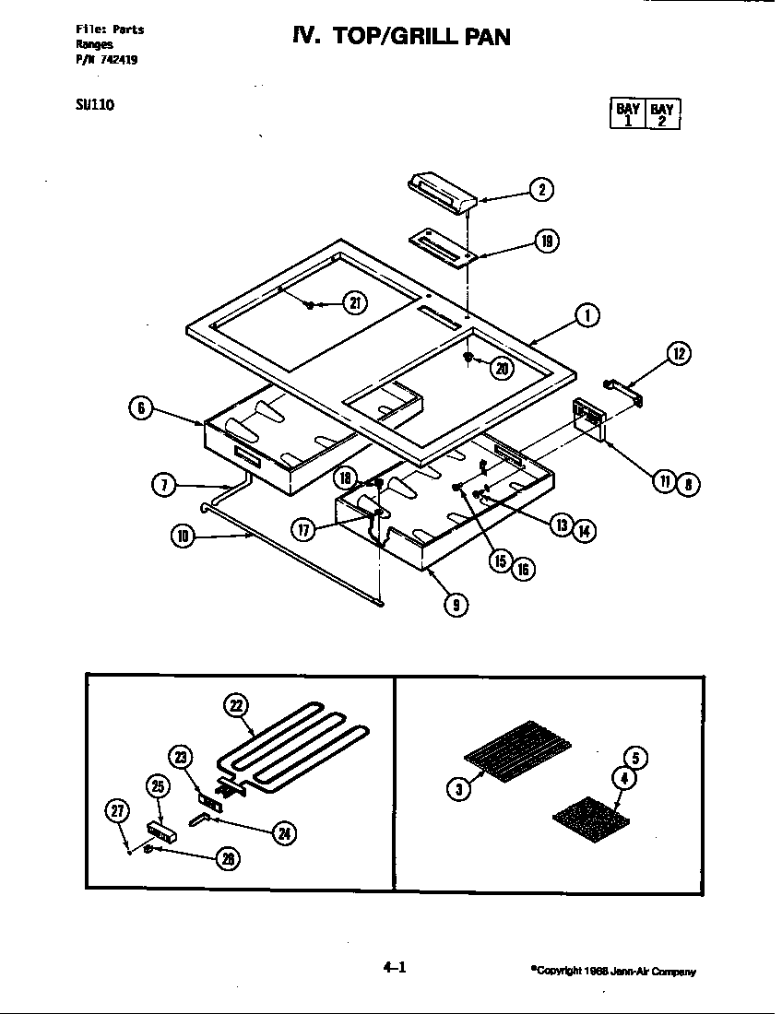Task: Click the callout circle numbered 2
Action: coord(541,190)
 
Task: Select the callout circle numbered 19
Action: coord(547,242)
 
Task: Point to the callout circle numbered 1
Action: coord(586,316)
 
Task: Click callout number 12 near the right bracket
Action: coord(678,354)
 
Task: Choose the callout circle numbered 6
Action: coord(140,408)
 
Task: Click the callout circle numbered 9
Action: coord(456,605)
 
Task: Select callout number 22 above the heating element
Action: coord(237,706)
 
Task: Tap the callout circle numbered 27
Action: coord(117,811)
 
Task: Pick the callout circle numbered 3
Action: coord(458,788)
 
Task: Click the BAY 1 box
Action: coord(628,113)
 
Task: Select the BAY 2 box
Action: coord(662,113)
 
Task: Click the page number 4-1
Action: coord(394,967)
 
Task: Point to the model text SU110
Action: coord(94,104)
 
